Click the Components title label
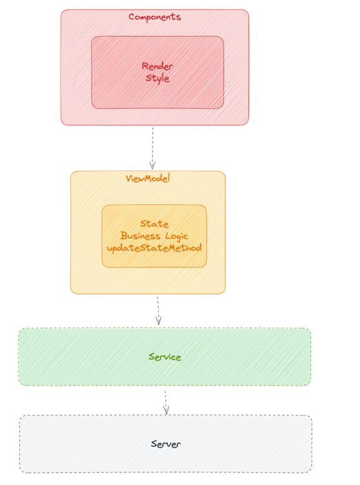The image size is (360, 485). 154,17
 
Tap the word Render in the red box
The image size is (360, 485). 157,66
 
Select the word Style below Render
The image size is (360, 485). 157,78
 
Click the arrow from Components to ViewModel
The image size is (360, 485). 153,148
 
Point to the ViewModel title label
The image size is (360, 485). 148,178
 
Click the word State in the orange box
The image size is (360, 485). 154,223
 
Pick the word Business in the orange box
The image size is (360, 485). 141,236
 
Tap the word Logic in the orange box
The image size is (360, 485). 176,236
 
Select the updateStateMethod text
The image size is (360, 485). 154,248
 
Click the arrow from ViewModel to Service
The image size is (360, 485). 158,310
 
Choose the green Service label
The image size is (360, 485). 165,357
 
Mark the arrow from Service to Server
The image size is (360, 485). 166,402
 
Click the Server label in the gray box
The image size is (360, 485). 166,444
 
